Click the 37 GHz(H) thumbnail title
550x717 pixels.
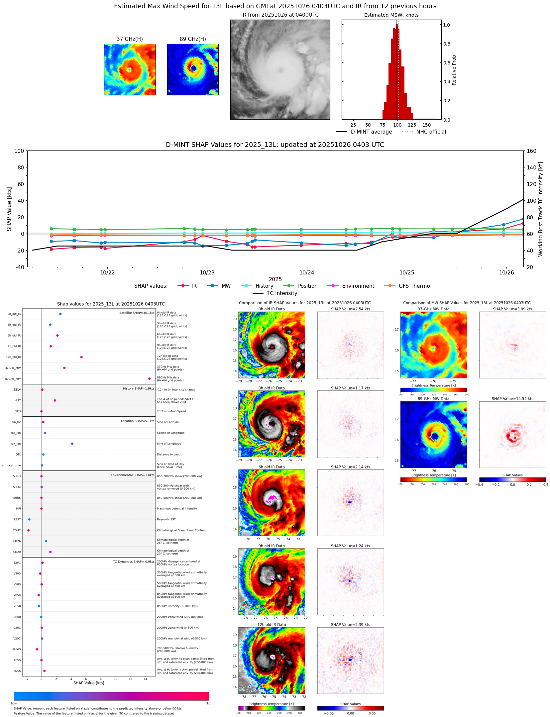(x=130, y=39)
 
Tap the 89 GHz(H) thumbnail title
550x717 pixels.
(x=193, y=39)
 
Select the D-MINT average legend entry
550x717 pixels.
(x=371, y=132)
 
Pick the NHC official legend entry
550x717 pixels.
(x=431, y=132)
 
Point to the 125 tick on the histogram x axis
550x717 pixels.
(x=412, y=125)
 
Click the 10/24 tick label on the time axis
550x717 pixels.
(x=306, y=273)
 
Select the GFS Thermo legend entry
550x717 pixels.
(x=414, y=286)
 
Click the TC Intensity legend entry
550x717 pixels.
(x=282, y=293)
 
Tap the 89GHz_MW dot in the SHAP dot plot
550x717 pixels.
(x=149, y=379)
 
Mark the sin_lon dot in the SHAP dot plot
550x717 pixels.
(x=72, y=444)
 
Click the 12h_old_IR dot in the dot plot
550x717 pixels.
(x=81, y=357)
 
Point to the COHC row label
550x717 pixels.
(x=17, y=530)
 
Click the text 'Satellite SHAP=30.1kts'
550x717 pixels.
(x=137, y=313)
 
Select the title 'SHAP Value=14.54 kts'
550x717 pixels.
(x=512, y=399)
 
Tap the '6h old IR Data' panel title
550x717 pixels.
(x=272, y=467)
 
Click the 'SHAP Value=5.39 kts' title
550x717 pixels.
(x=350, y=625)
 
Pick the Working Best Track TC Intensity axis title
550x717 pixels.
(x=541, y=209)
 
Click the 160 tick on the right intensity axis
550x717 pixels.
(x=531, y=151)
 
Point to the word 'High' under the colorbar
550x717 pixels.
(x=209, y=703)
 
